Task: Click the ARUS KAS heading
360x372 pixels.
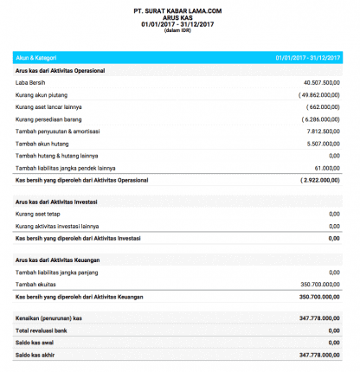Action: (179, 17)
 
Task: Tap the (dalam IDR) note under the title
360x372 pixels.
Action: (179, 32)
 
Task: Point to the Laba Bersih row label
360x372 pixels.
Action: (33, 81)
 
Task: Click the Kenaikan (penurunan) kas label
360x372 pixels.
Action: (51, 317)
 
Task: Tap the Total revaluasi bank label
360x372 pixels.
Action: (44, 330)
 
